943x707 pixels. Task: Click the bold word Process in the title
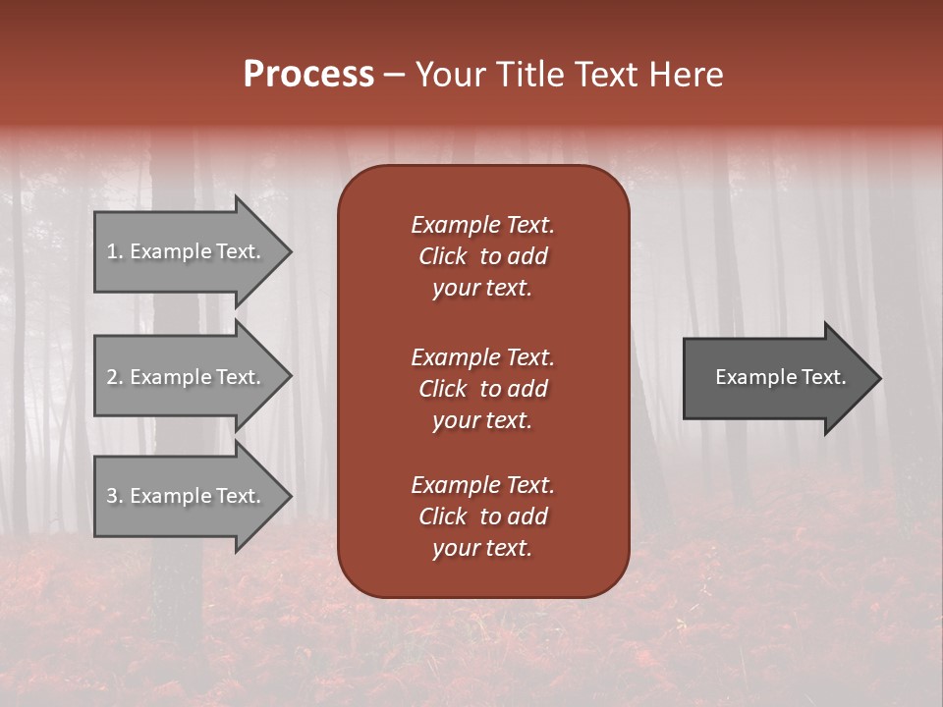[308, 75]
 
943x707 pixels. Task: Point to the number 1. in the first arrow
[115, 251]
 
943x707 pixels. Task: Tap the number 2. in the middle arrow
[115, 377]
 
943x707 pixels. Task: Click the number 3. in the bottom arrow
[115, 496]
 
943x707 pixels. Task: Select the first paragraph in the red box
[482, 256]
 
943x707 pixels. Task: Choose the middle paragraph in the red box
[482, 388]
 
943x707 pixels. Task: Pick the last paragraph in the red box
[482, 517]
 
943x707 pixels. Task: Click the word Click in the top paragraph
[442, 256]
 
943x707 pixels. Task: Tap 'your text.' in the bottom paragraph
[482, 548]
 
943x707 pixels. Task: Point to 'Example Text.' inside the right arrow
[781, 377]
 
